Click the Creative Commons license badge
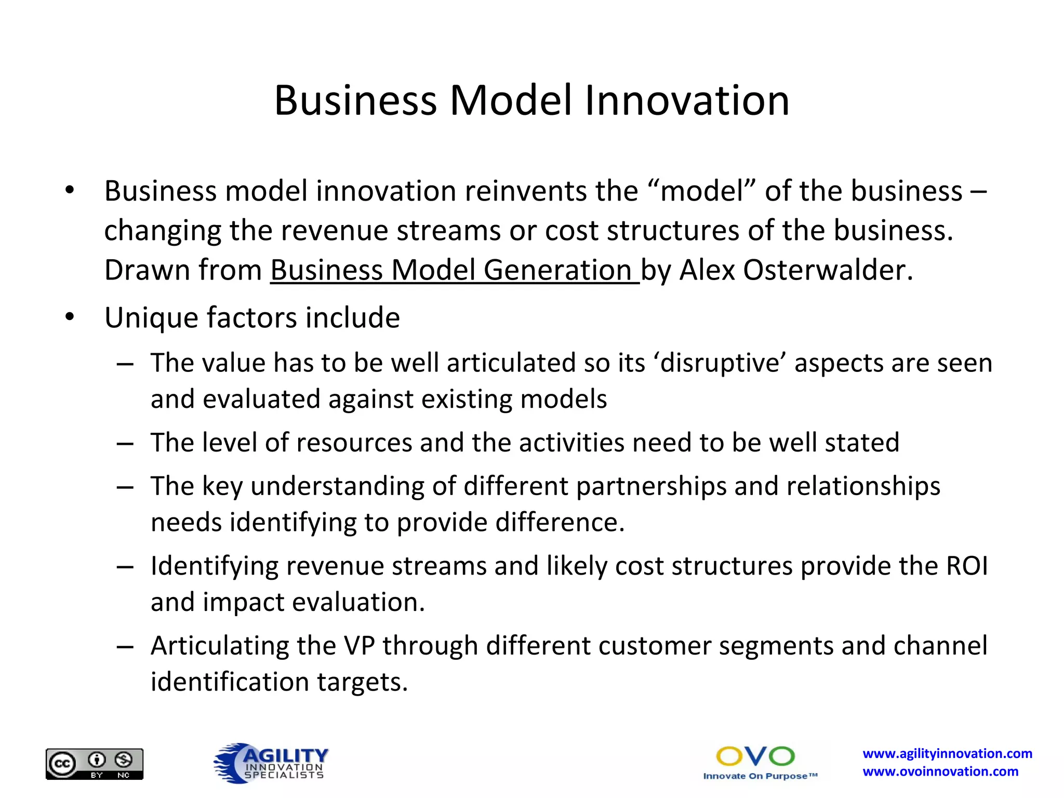pyautogui.click(x=95, y=764)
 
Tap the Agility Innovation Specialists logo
pyautogui.click(x=271, y=763)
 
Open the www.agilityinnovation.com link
pyautogui.click(x=947, y=753)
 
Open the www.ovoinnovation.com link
pyautogui.click(x=940, y=772)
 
